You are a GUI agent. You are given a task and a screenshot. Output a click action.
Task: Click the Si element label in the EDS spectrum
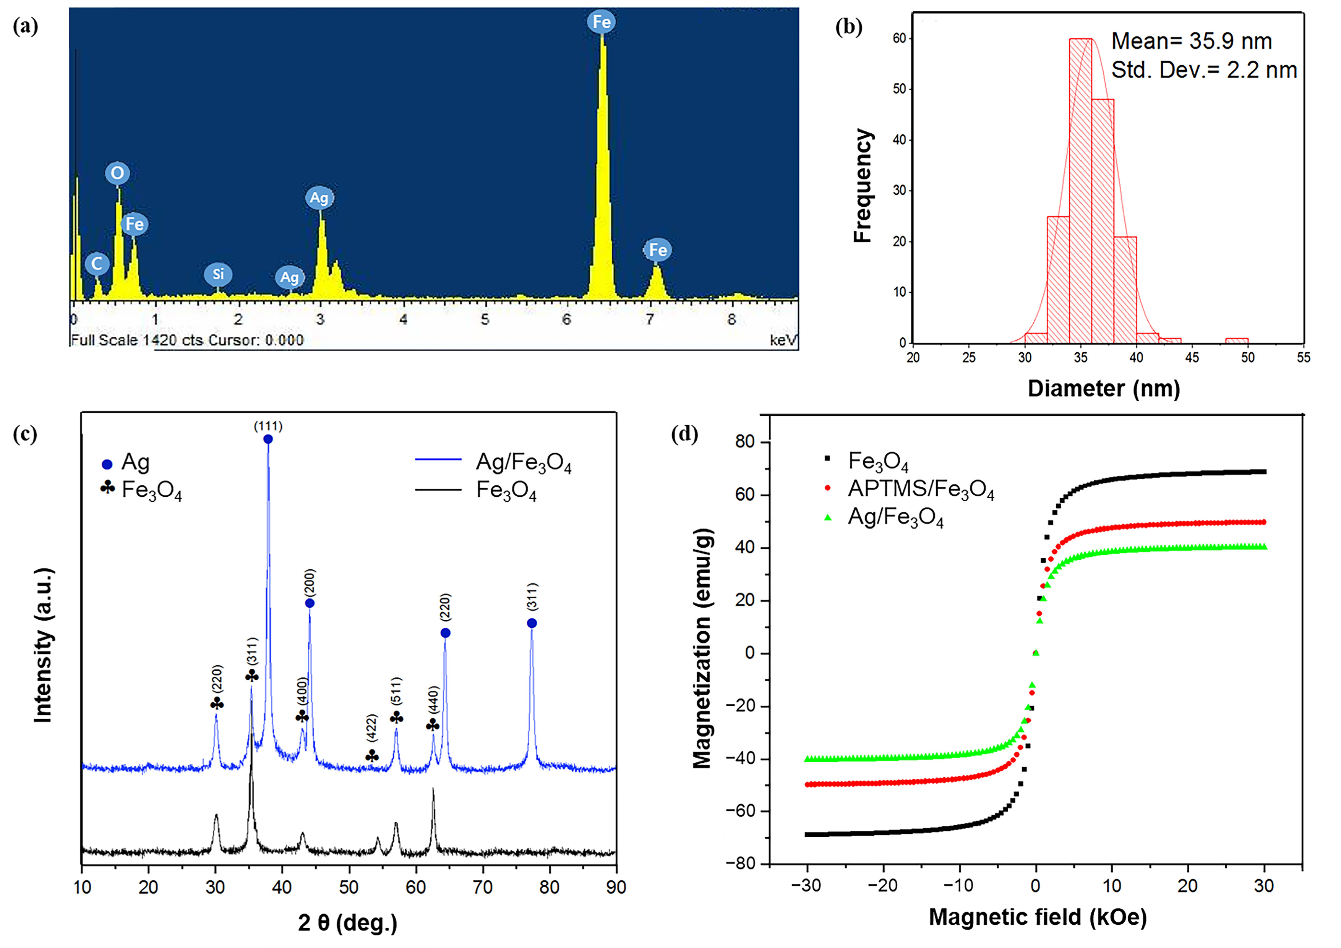tap(218, 274)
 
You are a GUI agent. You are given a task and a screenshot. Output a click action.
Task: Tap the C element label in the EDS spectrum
tap(97, 263)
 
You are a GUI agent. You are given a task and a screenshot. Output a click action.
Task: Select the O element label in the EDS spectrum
tap(117, 173)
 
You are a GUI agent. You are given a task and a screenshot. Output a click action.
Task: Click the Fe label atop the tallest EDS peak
tap(602, 22)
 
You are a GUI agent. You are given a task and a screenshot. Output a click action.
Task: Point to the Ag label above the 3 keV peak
tap(319, 198)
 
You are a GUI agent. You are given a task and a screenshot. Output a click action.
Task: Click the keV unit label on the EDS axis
tap(783, 340)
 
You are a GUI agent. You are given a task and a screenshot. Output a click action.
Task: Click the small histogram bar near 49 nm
tap(1236, 340)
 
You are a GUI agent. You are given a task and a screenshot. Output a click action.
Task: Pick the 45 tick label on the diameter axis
tap(1192, 358)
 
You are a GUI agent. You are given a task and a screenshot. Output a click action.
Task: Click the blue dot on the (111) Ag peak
tap(268, 439)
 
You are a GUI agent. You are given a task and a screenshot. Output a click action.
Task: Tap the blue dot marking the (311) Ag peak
tap(532, 623)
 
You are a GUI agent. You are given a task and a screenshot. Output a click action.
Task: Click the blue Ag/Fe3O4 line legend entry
tap(493, 462)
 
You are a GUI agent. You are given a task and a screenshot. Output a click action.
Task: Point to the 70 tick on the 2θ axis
tap(482, 887)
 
